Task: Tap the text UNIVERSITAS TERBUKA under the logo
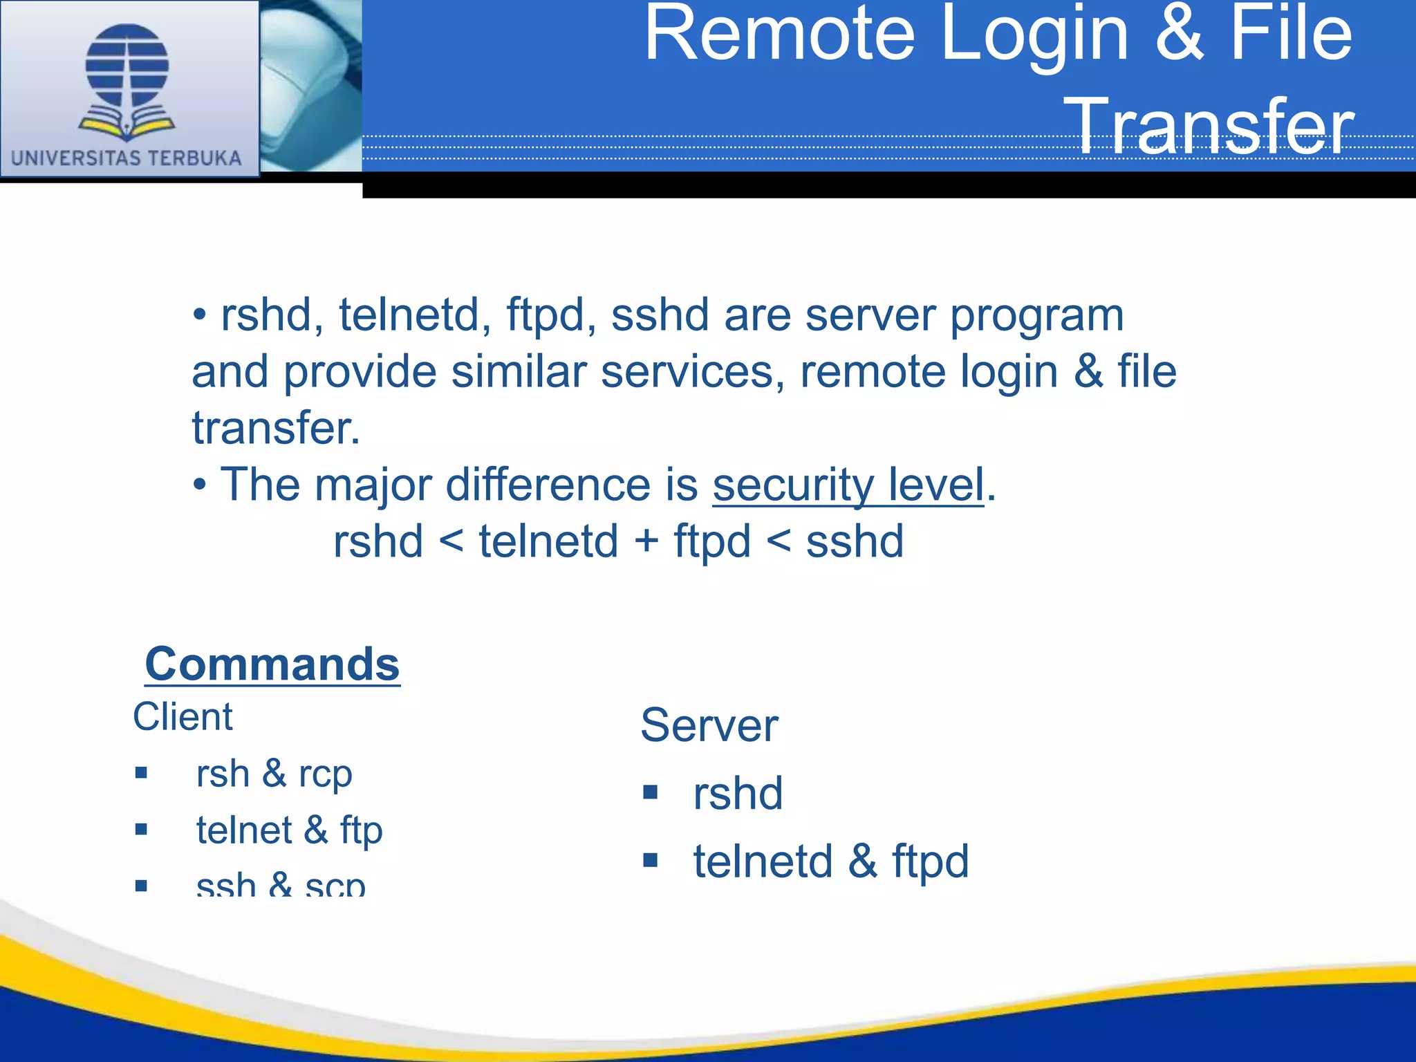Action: click(x=127, y=158)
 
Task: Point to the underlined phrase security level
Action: click(x=848, y=485)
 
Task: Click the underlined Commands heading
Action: click(x=272, y=664)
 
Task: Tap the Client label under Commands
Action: click(x=183, y=717)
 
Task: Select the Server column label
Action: click(x=709, y=725)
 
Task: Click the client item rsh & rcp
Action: click(x=274, y=774)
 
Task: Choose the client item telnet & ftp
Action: click(x=289, y=830)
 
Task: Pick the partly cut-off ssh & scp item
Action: click(x=281, y=885)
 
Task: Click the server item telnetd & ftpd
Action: click(x=831, y=861)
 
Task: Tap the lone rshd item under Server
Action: click(x=738, y=793)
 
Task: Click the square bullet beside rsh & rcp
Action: click(x=141, y=773)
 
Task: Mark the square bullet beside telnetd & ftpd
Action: click(x=650, y=861)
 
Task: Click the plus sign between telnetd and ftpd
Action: click(x=646, y=541)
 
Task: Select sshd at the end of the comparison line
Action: click(x=855, y=541)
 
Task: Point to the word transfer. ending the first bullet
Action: click(x=276, y=428)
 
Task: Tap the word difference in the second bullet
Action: click(x=548, y=485)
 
